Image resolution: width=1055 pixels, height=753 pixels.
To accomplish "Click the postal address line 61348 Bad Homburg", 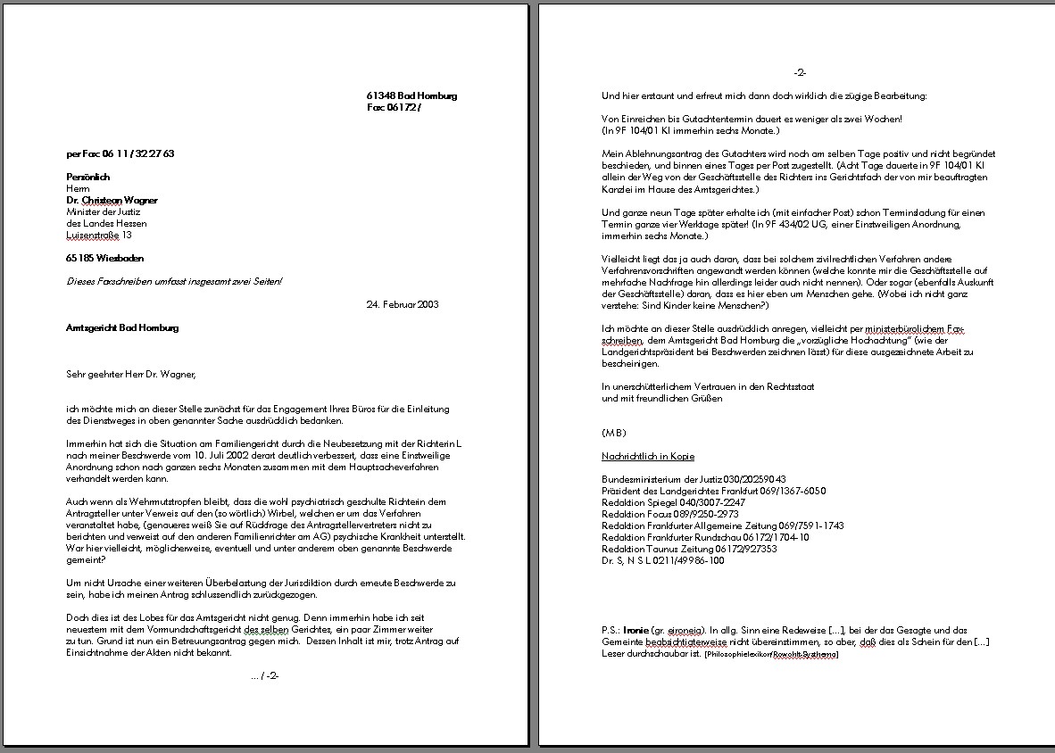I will coord(411,95).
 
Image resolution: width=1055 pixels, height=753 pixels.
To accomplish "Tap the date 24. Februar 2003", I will coord(402,304).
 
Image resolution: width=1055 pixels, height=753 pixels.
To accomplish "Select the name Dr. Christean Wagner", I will coord(112,200).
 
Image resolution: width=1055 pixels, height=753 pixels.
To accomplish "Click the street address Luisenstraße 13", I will coord(98,235).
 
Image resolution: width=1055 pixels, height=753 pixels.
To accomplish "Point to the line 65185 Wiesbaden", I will coord(104,258).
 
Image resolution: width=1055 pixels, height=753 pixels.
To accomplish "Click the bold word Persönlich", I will coord(87,177).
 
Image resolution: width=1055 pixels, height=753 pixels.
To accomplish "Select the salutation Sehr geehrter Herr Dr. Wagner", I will coord(130,374).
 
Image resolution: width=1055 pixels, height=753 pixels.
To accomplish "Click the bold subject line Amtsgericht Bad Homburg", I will coord(122,327).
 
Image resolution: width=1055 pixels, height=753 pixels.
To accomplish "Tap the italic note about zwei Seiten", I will coord(174,281).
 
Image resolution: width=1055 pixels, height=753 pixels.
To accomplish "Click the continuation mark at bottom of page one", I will coord(265,675).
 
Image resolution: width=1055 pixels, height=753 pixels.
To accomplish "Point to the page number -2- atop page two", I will coord(800,72).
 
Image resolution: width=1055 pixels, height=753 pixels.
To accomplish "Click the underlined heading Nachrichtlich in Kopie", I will coord(648,456).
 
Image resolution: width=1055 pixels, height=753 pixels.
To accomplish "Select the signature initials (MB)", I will coord(614,433).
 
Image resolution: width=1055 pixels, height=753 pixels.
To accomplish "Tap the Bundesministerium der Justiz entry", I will coord(694,479).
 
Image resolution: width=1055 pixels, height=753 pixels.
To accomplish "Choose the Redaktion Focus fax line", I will coord(670,514).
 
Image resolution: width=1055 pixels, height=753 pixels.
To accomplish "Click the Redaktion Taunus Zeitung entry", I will coord(689,549).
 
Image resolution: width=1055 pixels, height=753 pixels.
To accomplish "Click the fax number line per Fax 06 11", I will coord(120,153).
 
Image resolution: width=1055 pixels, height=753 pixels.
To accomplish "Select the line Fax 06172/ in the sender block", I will coord(393,107).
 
